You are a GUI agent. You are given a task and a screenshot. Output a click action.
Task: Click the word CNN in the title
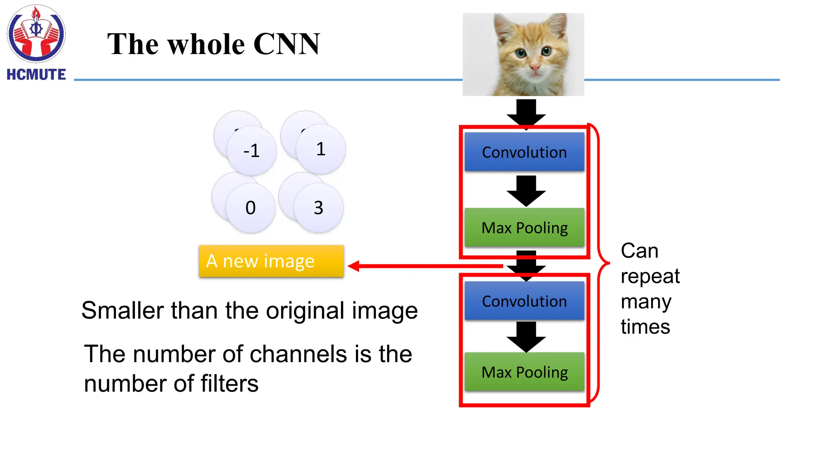coord(286,44)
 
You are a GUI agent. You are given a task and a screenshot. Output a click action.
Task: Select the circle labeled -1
coord(252,151)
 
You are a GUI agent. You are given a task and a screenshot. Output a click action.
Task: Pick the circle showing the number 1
coord(321,149)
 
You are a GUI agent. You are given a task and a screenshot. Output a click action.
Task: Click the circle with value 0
coord(251,208)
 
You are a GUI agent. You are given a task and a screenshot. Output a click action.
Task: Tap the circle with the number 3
coord(318,208)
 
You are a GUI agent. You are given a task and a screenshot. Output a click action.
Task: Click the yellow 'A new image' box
coord(271,261)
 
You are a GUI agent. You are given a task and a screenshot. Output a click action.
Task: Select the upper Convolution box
coord(524,152)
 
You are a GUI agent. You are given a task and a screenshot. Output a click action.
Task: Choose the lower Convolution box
coord(524,301)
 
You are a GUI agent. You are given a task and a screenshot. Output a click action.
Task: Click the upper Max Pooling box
coord(524,228)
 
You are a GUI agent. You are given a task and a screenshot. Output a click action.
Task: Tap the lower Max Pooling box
coord(524,372)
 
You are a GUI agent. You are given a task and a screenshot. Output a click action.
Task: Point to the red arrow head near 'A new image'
coord(354,266)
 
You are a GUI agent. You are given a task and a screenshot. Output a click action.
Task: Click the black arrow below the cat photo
coord(526,112)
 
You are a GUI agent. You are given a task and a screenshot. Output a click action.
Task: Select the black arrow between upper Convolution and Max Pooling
coord(526,191)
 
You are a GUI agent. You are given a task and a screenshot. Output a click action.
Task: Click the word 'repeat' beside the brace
coord(650,277)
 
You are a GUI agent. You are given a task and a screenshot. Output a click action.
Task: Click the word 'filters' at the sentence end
coord(229,384)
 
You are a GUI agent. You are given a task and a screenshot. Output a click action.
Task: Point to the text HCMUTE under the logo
coord(36,75)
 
